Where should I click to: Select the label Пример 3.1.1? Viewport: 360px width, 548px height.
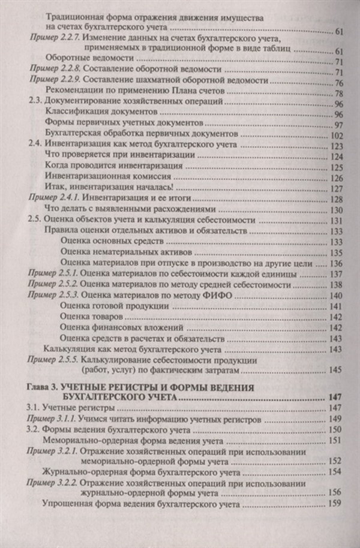[54, 418]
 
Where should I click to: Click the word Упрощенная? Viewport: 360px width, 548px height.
[68, 505]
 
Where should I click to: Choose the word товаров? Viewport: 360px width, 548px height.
[109, 317]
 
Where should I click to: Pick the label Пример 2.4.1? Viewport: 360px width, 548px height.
[54, 198]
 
